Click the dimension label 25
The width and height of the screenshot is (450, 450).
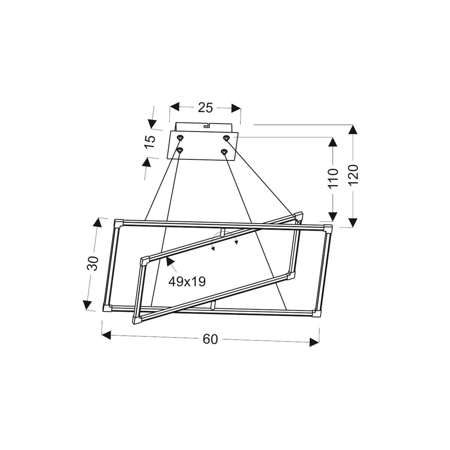(x=205, y=108)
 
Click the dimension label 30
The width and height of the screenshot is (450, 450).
(x=93, y=263)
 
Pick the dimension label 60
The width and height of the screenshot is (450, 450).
(x=210, y=339)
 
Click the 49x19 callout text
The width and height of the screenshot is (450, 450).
(x=187, y=281)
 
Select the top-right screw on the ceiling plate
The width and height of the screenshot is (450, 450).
(x=226, y=138)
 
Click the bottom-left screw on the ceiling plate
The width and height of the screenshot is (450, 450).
(x=180, y=151)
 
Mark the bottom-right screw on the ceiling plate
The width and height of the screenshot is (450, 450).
(x=224, y=152)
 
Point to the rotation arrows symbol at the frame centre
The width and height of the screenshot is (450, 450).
(x=224, y=240)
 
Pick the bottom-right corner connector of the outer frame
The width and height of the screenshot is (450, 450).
(x=317, y=313)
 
